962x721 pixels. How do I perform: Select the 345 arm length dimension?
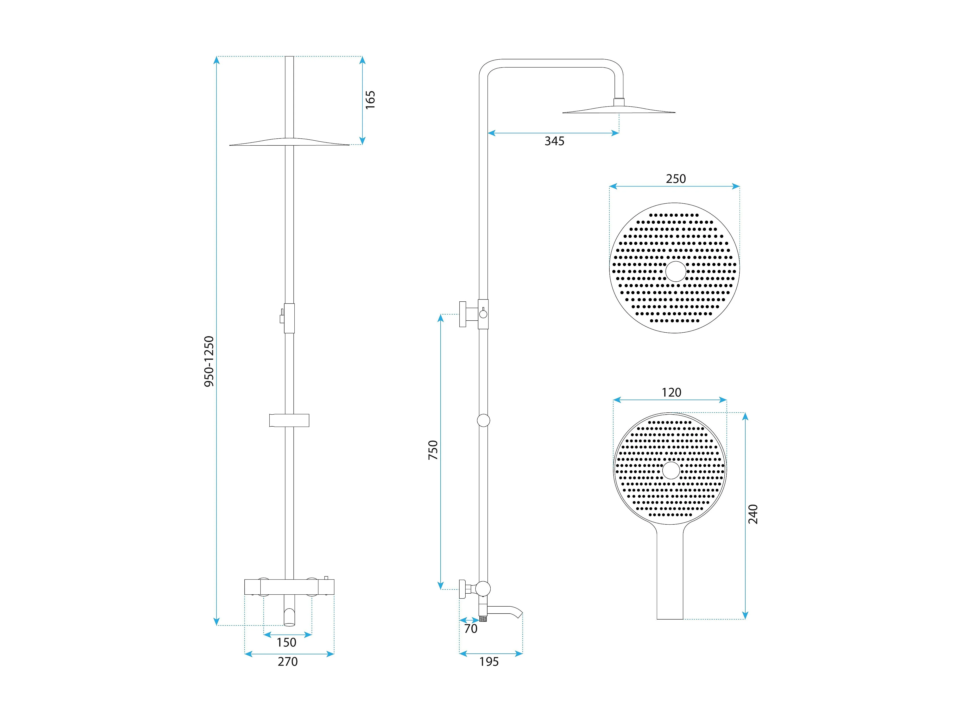click(555, 141)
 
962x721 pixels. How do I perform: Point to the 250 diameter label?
click(676, 179)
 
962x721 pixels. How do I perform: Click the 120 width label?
click(671, 392)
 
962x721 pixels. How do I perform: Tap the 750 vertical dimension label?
click(433, 450)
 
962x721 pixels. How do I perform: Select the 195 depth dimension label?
click(489, 661)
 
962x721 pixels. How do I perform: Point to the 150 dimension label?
click(287, 642)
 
